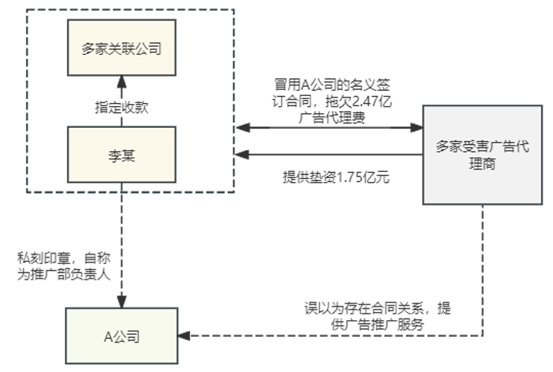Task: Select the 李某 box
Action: [x=120, y=154]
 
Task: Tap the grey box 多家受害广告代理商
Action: [x=483, y=155]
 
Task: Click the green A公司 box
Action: [x=121, y=336]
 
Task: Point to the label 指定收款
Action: [x=121, y=107]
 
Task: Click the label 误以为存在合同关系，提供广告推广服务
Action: [x=377, y=316]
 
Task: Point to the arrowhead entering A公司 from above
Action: [x=121, y=302]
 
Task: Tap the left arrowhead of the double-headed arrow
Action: [x=241, y=128]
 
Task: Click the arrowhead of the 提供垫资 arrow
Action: [x=241, y=154]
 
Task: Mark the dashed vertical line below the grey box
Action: [x=483, y=268]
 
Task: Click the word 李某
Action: [x=120, y=154]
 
